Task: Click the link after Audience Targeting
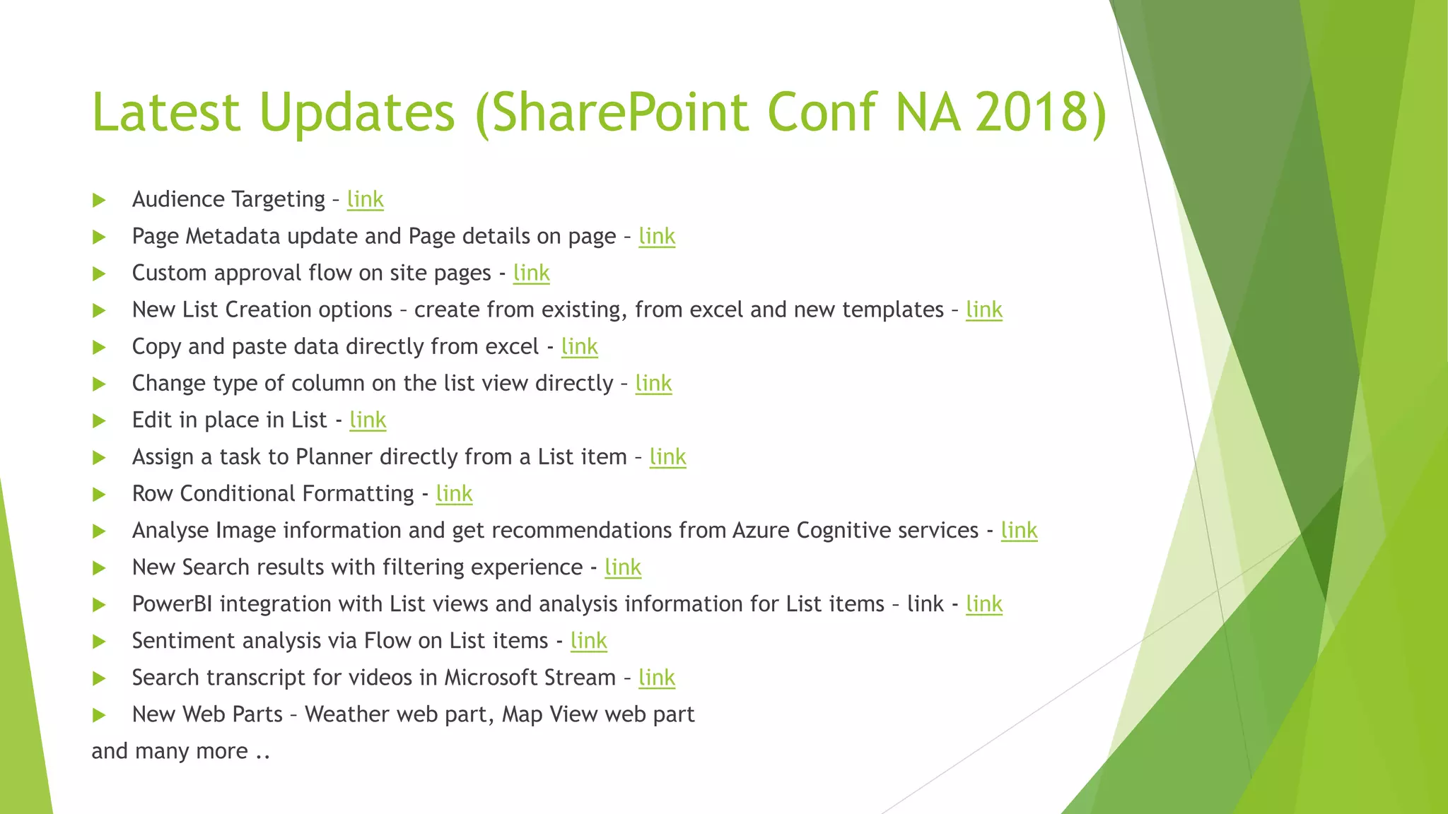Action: point(365,199)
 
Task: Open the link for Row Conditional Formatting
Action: point(454,493)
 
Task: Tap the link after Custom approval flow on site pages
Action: point(531,273)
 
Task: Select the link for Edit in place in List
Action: point(368,420)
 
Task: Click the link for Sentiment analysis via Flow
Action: point(588,640)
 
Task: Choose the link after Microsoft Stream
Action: point(656,677)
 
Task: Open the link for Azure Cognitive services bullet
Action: point(1019,530)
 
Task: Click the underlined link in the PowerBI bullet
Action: point(983,603)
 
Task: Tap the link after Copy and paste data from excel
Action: point(579,346)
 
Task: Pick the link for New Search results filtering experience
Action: point(623,567)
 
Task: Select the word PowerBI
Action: point(172,603)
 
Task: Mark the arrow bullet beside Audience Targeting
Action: point(99,200)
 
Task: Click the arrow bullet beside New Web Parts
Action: point(99,715)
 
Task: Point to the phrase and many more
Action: point(180,750)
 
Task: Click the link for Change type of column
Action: point(653,383)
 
